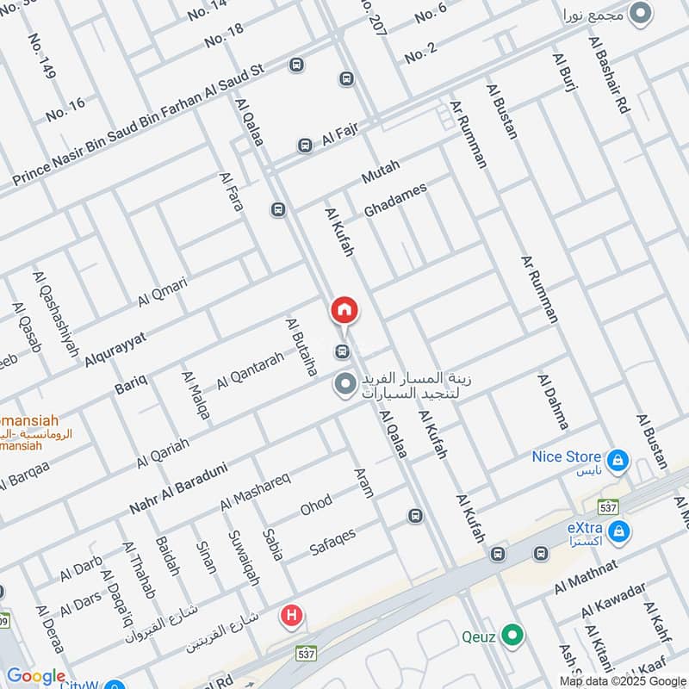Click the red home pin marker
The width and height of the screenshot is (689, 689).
pyautogui.click(x=344, y=311)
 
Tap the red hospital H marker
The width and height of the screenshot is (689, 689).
pyautogui.click(x=292, y=616)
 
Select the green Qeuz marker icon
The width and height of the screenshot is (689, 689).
pyautogui.click(x=513, y=636)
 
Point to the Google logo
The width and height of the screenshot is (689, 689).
pyautogui.click(x=36, y=677)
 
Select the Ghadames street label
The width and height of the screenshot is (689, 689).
pyautogui.click(x=395, y=199)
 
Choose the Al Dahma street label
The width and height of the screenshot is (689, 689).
pyautogui.click(x=553, y=401)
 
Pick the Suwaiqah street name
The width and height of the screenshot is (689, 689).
pyautogui.click(x=242, y=559)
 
